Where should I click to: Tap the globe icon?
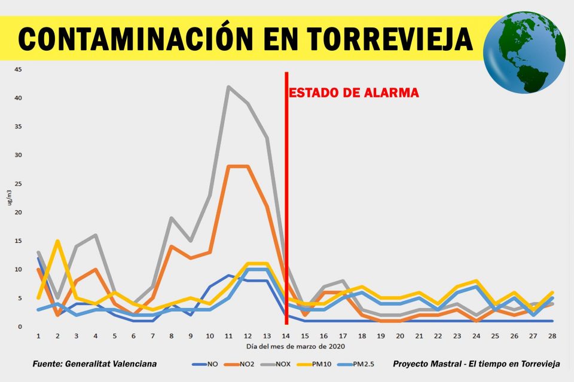click(x=524, y=52)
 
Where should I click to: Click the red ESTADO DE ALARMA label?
click(x=354, y=93)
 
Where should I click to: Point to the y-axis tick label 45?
click(x=18, y=69)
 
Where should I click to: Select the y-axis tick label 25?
click(x=18, y=184)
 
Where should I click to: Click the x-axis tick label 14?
click(x=286, y=337)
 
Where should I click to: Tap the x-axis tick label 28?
click(x=552, y=337)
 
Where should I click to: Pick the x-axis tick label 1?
click(x=39, y=337)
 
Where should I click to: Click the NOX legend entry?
click(x=276, y=363)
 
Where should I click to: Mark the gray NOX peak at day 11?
click(x=228, y=87)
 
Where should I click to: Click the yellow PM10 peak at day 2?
click(x=57, y=241)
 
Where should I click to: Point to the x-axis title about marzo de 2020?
click(x=295, y=346)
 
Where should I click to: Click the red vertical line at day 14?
click(x=286, y=179)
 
